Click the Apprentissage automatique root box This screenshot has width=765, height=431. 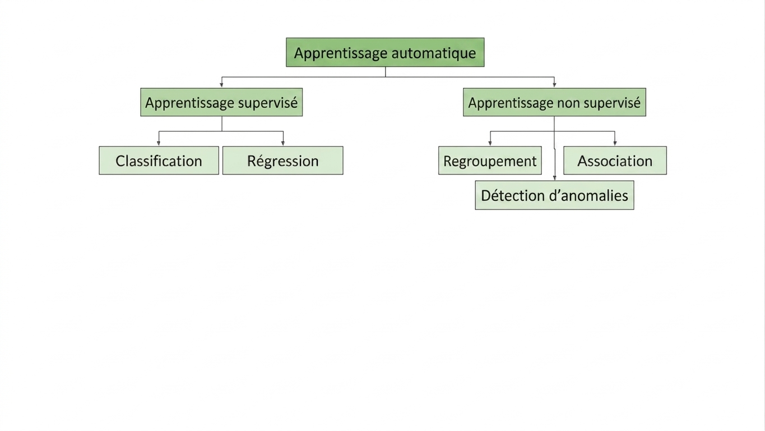coord(385,52)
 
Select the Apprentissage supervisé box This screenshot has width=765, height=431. coord(221,102)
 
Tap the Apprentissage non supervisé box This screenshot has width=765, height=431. coord(554,102)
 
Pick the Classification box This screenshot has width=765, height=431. coord(159,161)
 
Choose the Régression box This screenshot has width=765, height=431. coord(283,161)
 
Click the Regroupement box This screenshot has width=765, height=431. coord(490,161)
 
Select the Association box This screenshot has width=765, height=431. coord(615,161)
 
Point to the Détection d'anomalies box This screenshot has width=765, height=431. coord(554,195)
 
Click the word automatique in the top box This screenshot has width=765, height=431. coord(433,53)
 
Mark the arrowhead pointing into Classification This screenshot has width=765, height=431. coord(159,143)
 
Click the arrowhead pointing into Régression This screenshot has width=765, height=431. coord(283,143)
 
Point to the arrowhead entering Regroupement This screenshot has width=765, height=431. coord(490,143)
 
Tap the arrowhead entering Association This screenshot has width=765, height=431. coord(615,143)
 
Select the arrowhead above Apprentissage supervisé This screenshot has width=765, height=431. coord(221,85)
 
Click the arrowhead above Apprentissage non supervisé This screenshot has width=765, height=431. coord(554,85)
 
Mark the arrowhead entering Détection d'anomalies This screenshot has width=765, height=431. coord(555,178)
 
